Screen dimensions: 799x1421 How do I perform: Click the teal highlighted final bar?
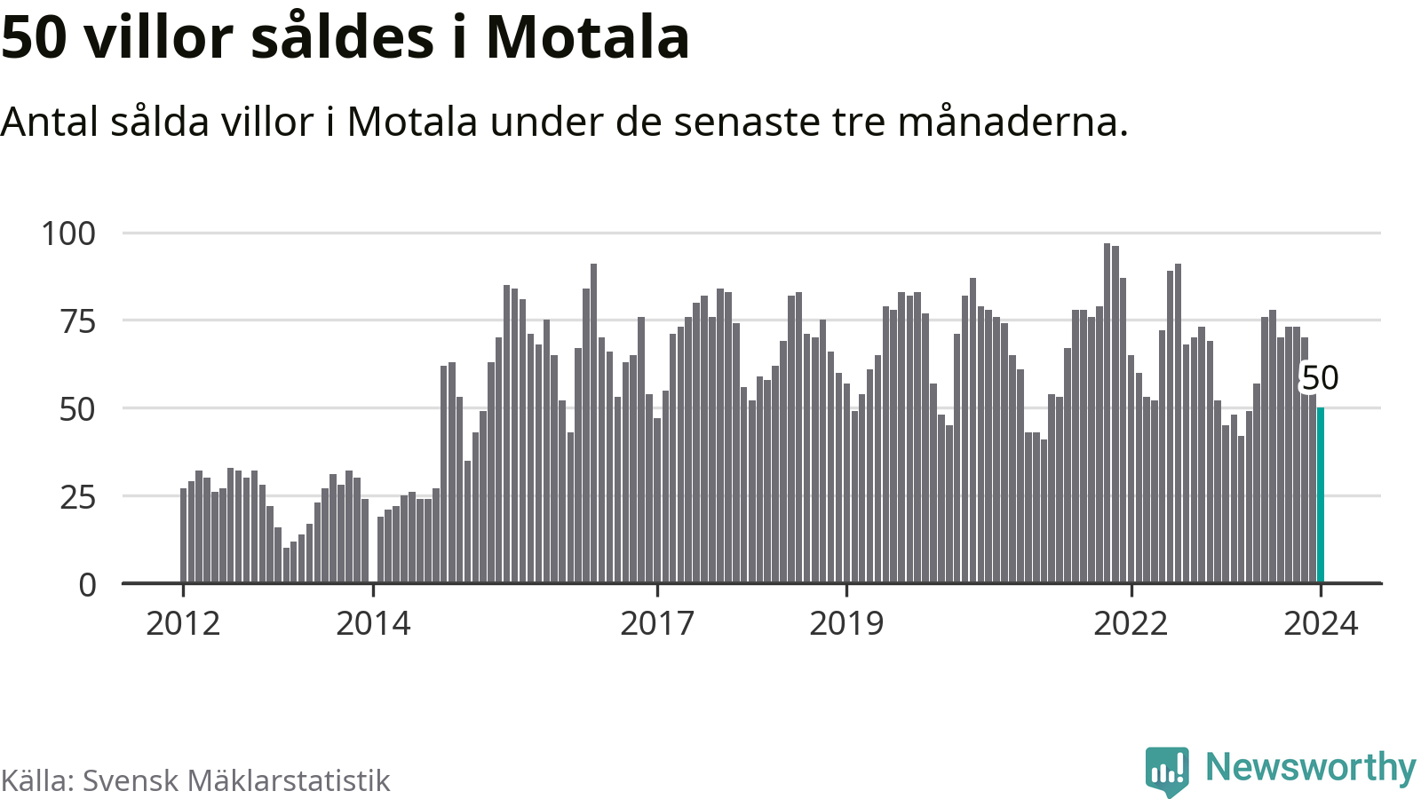pyautogui.click(x=1321, y=494)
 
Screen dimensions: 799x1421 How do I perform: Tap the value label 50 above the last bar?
pyautogui.click(x=1320, y=378)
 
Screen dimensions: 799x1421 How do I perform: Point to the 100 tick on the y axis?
pyautogui.click(x=68, y=233)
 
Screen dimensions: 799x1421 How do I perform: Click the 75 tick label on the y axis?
pyautogui.click(x=77, y=321)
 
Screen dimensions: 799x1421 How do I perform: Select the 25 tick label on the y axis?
pyautogui.click(x=77, y=497)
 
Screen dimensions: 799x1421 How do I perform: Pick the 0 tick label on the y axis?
pyautogui.click(x=87, y=585)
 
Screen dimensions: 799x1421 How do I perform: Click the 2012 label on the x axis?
pyautogui.click(x=183, y=624)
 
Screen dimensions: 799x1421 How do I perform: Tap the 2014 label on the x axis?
pyautogui.click(x=373, y=624)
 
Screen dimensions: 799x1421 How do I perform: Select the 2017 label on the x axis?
pyautogui.click(x=657, y=624)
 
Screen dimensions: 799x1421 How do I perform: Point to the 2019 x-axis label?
pyautogui.click(x=846, y=624)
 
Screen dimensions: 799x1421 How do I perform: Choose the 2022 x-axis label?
pyautogui.click(x=1131, y=624)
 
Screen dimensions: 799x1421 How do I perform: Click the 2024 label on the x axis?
pyautogui.click(x=1321, y=624)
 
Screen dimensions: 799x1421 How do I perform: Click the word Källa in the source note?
pyautogui.click(x=36, y=780)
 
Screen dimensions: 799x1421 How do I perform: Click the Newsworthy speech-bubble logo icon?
pyautogui.click(x=1166, y=771)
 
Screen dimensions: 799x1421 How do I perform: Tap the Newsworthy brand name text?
pyautogui.click(x=1310, y=767)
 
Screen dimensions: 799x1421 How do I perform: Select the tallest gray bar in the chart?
pyautogui.click(x=1107, y=413)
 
